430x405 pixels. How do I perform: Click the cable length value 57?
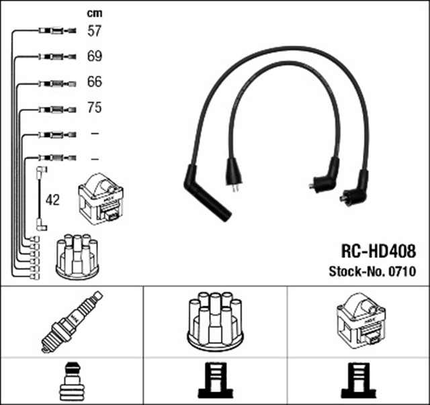point(95,30)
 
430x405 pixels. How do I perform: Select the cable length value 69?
point(95,56)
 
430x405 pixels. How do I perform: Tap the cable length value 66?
point(95,82)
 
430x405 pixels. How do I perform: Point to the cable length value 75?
point(95,107)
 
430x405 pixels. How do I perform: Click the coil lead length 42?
point(52,200)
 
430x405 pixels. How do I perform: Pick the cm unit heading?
point(94,13)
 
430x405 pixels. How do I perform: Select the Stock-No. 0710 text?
point(372,272)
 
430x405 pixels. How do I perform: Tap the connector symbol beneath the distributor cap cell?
point(214,381)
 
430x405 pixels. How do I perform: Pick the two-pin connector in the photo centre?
point(234,176)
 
